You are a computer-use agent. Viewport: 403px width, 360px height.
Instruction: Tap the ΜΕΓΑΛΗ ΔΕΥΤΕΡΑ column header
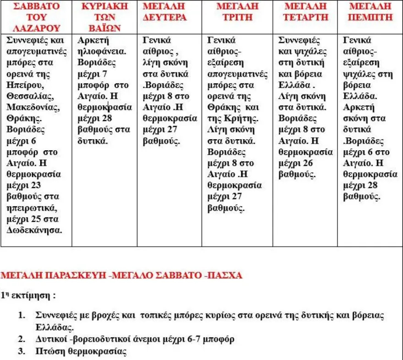point(164,12)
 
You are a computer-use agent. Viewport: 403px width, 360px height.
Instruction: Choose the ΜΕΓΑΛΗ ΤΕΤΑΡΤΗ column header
point(306,12)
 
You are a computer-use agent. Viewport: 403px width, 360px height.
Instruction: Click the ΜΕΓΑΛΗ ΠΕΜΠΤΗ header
point(370,12)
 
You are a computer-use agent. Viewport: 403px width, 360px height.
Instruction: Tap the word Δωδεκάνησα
point(34,230)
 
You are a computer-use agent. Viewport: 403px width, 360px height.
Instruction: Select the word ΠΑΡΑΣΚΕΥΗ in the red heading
point(76,276)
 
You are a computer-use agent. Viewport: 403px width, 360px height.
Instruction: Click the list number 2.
point(22,339)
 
